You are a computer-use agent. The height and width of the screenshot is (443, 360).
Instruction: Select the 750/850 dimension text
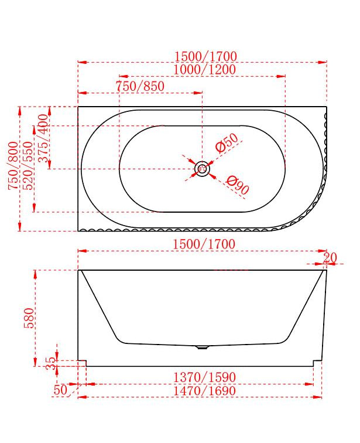click(140, 86)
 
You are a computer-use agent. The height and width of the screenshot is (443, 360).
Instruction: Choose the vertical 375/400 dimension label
click(42, 138)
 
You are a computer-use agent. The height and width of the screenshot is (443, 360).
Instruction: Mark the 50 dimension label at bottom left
click(60, 389)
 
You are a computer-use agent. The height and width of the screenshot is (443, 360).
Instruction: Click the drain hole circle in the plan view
click(201, 169)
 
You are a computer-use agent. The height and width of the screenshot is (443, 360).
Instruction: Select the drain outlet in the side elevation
click(201, 347)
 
